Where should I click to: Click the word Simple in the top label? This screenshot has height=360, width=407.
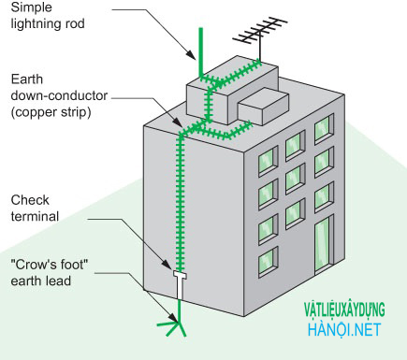point(31,7)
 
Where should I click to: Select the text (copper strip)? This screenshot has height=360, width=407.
point(51,112)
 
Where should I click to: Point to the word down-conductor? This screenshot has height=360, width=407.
point(59,95)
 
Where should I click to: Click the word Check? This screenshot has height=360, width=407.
point(30,200)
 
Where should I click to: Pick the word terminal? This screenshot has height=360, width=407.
point(35,216)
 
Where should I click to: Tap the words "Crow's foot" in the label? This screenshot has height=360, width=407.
point(50,265)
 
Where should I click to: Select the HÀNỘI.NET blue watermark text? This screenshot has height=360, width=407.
point(344,330)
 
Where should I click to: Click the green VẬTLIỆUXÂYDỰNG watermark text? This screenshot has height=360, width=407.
point(344,310)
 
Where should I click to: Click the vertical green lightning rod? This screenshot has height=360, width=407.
point(201,52)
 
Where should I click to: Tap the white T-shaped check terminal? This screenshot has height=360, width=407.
point(180,284)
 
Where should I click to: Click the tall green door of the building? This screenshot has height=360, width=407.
point(323,246)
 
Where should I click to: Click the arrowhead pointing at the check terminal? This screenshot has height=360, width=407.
point(167,263)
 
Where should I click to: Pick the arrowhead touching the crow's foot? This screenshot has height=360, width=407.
point(174,316)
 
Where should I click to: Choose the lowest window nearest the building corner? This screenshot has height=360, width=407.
point(269,262)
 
